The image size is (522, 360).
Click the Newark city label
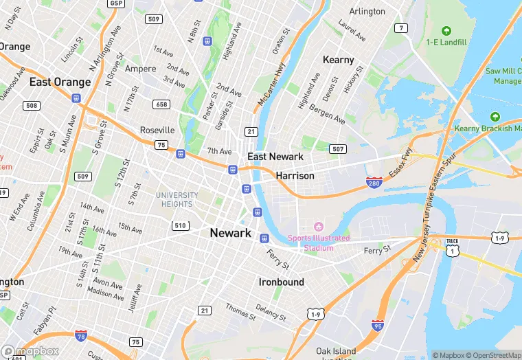coord(230,233)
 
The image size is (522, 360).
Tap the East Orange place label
coord(60,82)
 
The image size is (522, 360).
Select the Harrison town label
coord(295,176)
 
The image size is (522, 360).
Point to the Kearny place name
coord(338,60)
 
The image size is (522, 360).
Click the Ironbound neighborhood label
coord(281,282)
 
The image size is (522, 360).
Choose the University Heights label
coord(178,199)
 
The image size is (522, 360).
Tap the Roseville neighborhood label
coord(157,130)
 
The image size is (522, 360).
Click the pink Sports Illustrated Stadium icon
coord(318,227)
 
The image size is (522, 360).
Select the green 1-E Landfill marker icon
coord(446,31)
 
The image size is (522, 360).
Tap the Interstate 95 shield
coord(377,325)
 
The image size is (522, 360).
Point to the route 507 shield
coord(337,148)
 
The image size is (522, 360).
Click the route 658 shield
coord(161,104)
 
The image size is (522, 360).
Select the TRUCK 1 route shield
coord(451,246)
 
